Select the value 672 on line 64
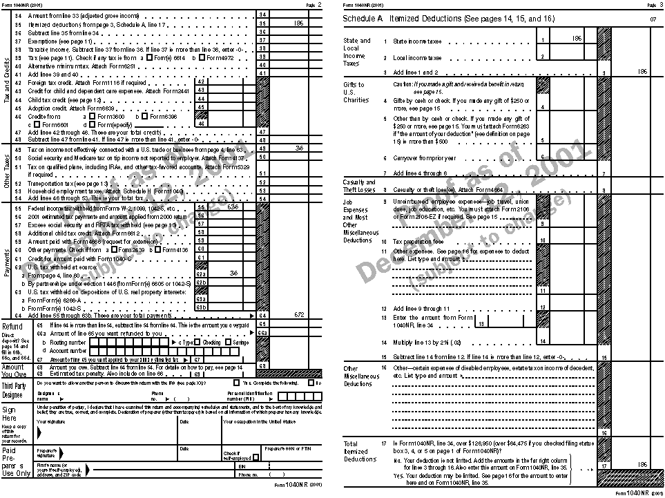[299, 314]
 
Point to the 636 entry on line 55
[232, 207]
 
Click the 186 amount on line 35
[298, 23]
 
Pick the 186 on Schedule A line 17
[642, 464]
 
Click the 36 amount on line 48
[299, 149]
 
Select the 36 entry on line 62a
[233, 273]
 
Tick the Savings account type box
[229, 342]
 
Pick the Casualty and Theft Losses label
[359, 185]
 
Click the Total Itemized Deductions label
[360, 452]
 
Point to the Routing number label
[68, 342]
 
